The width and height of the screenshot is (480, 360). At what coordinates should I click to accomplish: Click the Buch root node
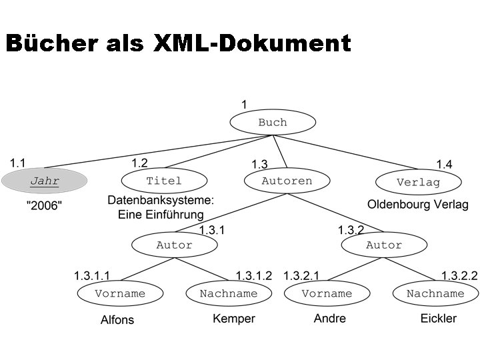click(272, 123)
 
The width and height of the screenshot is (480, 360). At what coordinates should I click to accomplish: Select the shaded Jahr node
click(45, 181)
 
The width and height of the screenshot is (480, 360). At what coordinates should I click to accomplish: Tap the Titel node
click(164, 181)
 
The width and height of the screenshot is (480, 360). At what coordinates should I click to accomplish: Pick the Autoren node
click(287, 181)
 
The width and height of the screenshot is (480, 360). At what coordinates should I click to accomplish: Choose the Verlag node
click(418, 182)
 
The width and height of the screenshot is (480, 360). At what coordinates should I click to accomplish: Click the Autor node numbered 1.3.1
click(174, 245)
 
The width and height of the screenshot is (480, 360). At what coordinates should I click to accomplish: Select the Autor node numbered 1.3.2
click(384, 245)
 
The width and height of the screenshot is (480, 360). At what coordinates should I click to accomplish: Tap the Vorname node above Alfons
click(120, 293)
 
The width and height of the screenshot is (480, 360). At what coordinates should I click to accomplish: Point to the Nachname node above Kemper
click(229, 293)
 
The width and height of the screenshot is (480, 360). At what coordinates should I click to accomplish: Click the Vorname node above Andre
click(327, 293)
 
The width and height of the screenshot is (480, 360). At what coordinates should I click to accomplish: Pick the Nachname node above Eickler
click(435, 293)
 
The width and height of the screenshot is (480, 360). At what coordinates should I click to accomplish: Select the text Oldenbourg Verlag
click(418, 205)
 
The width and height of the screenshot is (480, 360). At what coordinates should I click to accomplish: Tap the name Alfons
click(117, 320)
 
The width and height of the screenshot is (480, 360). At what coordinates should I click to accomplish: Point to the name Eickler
click(439, 319)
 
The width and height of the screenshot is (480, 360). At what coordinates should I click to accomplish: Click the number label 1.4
click(444, 164)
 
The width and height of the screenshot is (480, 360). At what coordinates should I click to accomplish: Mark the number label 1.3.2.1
click(301, 275)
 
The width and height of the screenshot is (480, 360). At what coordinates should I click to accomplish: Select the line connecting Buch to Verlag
click(347, 152)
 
